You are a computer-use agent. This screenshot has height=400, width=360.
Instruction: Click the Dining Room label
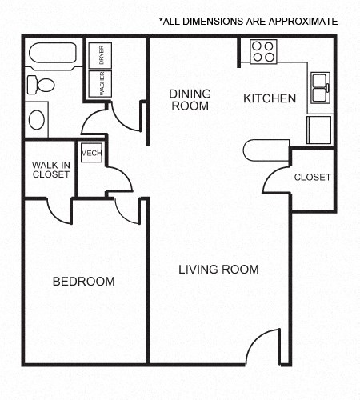pos(190,99)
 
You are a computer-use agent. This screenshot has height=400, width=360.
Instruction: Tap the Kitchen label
pos(270,98)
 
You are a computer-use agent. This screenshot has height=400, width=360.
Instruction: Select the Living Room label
pos(218,270)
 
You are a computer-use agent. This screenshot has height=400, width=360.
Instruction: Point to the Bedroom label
pos(83,282)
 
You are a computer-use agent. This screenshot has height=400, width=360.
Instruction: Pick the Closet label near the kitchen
pos(312,178)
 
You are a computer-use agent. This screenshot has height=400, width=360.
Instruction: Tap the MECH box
pos(91,152)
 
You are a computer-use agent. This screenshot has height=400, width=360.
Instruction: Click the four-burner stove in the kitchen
pos(263,51)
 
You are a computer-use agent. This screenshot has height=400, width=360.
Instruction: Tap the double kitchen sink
pos(320,87)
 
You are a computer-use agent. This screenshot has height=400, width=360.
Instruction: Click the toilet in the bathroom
pos(41,85)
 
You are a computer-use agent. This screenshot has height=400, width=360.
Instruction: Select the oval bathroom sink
pos(38,120)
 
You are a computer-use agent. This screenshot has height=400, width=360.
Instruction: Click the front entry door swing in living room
pos(265,346)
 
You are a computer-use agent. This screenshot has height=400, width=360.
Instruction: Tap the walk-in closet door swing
pos(59,210)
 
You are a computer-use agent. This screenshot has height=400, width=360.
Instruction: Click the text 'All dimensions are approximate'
pos(248,21)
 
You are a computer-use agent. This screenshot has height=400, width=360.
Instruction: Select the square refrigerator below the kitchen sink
pos(319,129)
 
